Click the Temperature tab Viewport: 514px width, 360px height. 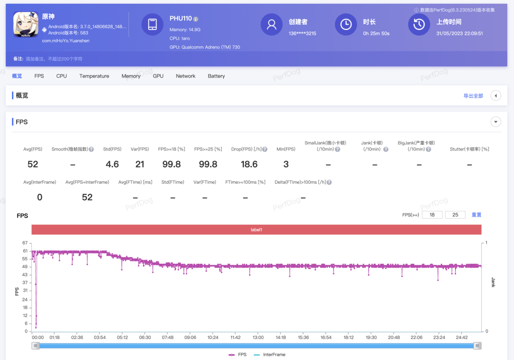click(x=94, y=76)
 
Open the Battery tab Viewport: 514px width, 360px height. click(x=217, y=76)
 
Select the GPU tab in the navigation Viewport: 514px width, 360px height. click(x=158, y=76)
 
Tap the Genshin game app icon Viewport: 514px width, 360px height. click(x=26, y=25)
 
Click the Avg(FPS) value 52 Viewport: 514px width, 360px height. click(x=33, y=164)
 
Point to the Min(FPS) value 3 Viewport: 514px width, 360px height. click(x=286, y=164)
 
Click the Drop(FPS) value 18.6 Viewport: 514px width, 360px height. click(x=249, y=164)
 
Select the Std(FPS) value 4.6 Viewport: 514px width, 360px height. click(x=112, y=164)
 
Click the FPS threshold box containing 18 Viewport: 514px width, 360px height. click(x=432, y=215)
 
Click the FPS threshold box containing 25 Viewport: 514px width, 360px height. click(x=455, y=215)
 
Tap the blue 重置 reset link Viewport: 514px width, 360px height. click(x=476, y=215)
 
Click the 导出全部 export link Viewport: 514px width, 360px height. click(x=473, y=96)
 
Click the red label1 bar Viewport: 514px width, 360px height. click(x=257, y=230)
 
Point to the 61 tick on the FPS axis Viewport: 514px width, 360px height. click(x=25, y=251)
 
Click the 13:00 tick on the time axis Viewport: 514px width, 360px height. click(x=258, y=337)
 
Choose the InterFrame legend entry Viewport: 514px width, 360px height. click(x=269, y=355)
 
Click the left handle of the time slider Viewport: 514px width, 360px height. click(x=36, y=346)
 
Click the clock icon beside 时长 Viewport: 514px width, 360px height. click(x=346, y=24)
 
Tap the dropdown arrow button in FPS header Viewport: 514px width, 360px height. click(x=495, y=122)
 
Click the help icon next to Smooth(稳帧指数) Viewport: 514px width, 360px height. click(x=91, y=150)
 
